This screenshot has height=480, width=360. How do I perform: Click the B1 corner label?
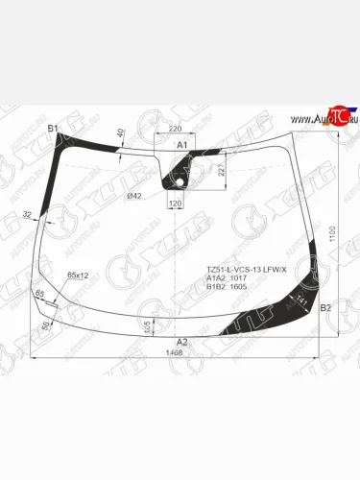coord(53,128)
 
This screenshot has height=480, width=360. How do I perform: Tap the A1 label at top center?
coord(180,143)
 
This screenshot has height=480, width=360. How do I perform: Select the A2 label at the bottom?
coord(182,341)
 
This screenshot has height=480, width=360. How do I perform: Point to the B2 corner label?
coord(324,307)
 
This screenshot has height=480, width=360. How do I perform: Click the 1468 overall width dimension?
coord(174,353)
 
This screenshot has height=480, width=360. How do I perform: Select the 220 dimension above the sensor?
coord(175,128)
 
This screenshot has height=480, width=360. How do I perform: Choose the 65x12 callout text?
coord(79,276)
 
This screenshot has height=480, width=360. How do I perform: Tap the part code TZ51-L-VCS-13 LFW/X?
coord(247,269)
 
